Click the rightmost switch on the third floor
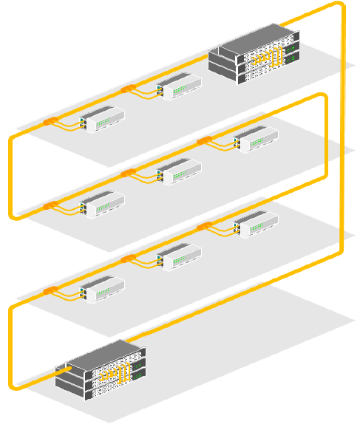256,222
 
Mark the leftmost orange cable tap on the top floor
50,120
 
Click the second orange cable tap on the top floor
127,89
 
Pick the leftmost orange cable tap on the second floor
50,205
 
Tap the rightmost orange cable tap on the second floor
204,140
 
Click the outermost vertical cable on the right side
343,133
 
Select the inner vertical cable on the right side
325,140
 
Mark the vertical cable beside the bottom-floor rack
11,347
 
